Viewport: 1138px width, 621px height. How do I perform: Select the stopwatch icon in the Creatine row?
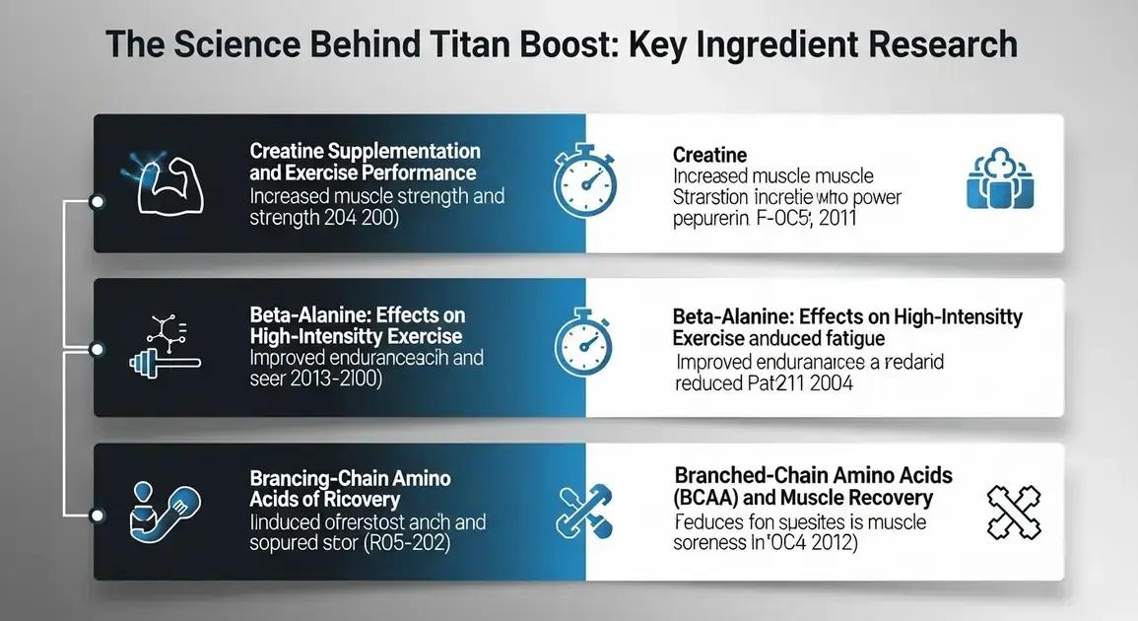point(585,183)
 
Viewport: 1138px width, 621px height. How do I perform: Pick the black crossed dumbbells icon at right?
point(1014,511)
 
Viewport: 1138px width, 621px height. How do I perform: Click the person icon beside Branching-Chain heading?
point(158,512)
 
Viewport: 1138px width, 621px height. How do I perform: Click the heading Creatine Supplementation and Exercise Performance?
point(365,162)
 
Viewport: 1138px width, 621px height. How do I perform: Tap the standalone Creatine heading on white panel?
point(709,155)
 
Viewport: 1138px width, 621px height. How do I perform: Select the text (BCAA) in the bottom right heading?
point(709,499)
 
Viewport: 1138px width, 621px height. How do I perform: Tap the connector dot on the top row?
point(97,201)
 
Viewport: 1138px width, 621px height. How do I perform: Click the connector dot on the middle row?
point(97,348)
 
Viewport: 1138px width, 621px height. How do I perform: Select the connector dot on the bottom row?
point(97,515)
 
